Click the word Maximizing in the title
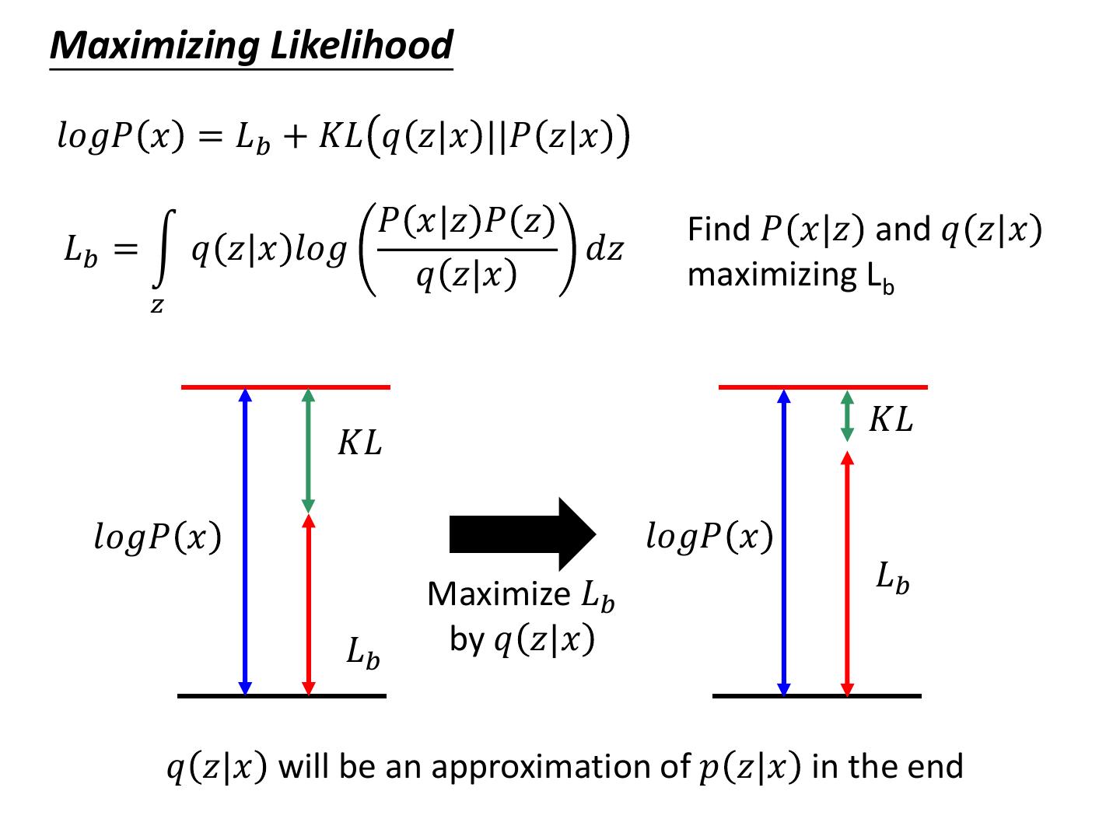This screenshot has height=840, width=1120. [x=156, y=45]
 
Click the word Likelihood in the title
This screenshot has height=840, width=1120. [x=361, y=45]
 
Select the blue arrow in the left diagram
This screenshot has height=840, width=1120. [x=245, y=541]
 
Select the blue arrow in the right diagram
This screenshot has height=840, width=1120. [x=784, y=541]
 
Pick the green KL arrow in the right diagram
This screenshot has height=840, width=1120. [x=848, y=415]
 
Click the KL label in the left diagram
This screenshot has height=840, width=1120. [x=359, y=443]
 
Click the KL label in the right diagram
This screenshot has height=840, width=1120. [x=891, y=420]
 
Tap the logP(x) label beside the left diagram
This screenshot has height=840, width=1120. [x=158, y=537]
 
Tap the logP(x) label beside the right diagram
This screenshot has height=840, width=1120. [x=709, y=537]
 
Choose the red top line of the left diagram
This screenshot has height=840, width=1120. [x=285, y=387]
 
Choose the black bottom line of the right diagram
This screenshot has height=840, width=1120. [x=817, y=696]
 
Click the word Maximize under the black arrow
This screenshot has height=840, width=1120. [x=499, y=594]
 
